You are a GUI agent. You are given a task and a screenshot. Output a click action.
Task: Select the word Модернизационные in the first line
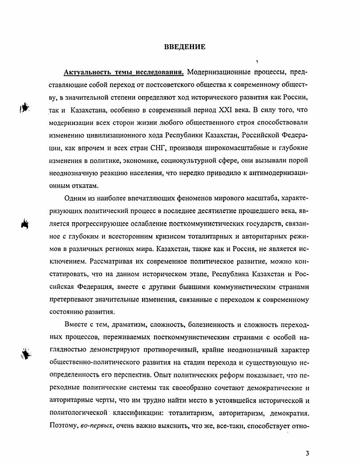pos(215,72)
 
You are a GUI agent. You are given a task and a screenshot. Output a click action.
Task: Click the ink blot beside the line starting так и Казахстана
pos(26,108)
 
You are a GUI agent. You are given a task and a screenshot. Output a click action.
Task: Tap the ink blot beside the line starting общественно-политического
pos(27,352)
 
